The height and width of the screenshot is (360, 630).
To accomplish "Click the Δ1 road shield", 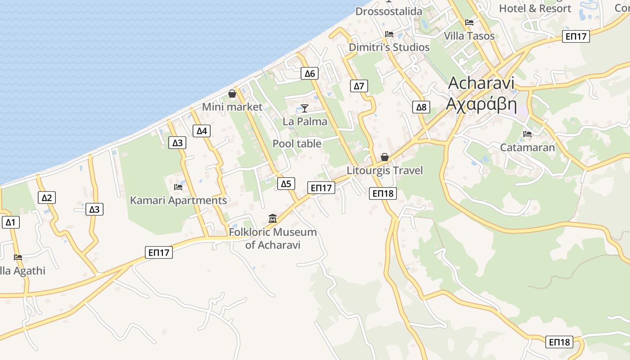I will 10,222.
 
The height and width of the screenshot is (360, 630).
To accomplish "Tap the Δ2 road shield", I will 47,198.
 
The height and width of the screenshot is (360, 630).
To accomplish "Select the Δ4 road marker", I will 202,131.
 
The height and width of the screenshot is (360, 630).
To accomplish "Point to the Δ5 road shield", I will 286,183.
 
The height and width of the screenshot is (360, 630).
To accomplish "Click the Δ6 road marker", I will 310,73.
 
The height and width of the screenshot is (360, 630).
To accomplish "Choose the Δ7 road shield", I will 359,86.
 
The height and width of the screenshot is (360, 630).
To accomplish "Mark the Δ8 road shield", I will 421,107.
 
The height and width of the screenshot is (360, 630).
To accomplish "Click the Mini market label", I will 232,107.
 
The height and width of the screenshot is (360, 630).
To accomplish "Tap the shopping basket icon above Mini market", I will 232,94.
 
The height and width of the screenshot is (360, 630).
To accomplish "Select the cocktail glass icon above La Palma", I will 305,108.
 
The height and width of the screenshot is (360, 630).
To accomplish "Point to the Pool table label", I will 297,144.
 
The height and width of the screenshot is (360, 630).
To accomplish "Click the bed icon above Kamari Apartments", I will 178,187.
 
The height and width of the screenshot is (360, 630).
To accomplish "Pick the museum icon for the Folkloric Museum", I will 272,219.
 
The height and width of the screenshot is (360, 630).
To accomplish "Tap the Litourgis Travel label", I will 385,171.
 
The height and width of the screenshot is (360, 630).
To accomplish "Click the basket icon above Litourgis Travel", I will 385,157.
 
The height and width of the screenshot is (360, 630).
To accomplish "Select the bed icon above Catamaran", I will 527,134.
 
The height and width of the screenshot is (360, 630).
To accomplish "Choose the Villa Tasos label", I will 469,36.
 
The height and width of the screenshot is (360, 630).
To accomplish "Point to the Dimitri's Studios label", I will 389,47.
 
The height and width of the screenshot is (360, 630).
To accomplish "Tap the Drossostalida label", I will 389,11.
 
